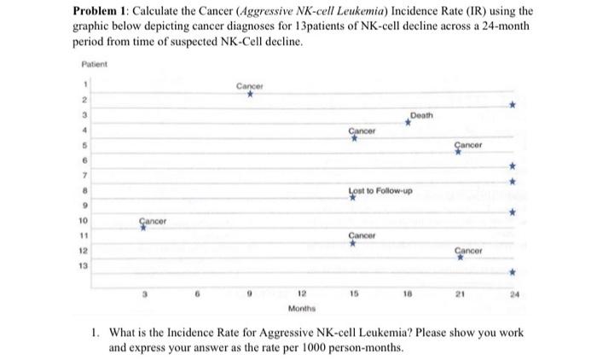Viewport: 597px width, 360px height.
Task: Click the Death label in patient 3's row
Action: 420,115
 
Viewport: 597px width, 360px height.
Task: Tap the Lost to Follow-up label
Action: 381,190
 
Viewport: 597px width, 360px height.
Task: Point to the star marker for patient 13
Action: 513,272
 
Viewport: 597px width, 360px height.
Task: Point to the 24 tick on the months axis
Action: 513,293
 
